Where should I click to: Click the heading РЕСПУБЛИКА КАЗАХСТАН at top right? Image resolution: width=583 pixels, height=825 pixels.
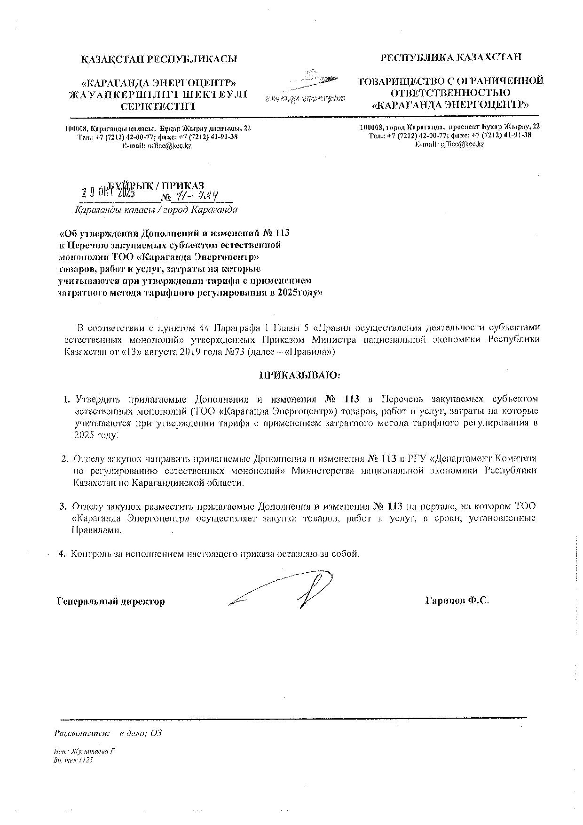(451, 57)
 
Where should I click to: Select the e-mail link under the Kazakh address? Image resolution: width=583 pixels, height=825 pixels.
(169, 146)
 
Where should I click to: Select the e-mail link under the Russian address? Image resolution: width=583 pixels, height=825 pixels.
(462, 144)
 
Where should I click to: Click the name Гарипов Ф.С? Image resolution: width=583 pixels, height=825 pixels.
(457, 601)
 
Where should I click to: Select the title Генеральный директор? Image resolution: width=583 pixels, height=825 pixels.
(110, 601)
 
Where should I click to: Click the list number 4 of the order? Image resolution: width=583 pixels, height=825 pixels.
(61, 554)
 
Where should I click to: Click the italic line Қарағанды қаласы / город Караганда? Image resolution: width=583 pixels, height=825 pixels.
(156, 210)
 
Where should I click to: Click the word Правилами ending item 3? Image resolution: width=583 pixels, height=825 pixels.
(96, 530)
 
